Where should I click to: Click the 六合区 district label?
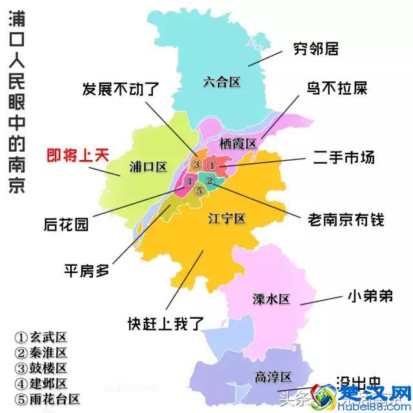[x=221, y=82]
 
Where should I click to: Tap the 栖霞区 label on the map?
[x=238, y=143]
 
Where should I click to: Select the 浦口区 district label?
[x=148, y=166]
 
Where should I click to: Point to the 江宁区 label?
[x=227, y=218]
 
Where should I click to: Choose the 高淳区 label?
[x=273, y=378]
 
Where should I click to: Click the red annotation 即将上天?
[x=77, y=155]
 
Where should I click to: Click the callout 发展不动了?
[x=120, y=89]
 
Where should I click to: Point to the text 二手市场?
[x=343, y=157]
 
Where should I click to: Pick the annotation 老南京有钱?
[x=346, y=220]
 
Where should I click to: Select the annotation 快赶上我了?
[x=166, y=323]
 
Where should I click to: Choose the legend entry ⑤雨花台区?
[x=48, y=399]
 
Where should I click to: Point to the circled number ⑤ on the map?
[x=199, y=190]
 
